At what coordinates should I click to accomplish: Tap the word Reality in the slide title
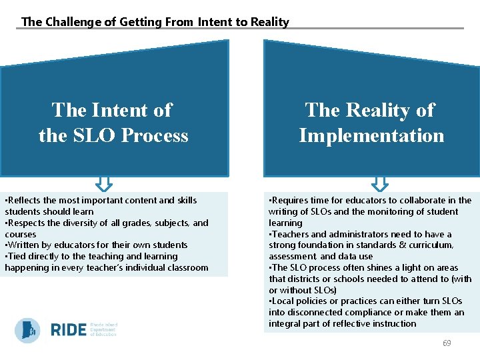[x=270, y=22]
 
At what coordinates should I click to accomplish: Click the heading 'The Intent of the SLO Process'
[x=113, y=123]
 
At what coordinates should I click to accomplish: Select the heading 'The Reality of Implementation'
[x=371, y=123]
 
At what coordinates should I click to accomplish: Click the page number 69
[x=447, y=343]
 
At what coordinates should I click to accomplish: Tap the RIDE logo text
[x=68, y=330]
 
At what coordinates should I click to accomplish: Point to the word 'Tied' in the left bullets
[x=19, y=256]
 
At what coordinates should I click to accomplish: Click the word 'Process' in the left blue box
[x=157, y=135]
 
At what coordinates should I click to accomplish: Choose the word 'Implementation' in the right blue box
[x=371, y=135]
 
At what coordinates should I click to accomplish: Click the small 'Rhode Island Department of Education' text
[x=103, y=330]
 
